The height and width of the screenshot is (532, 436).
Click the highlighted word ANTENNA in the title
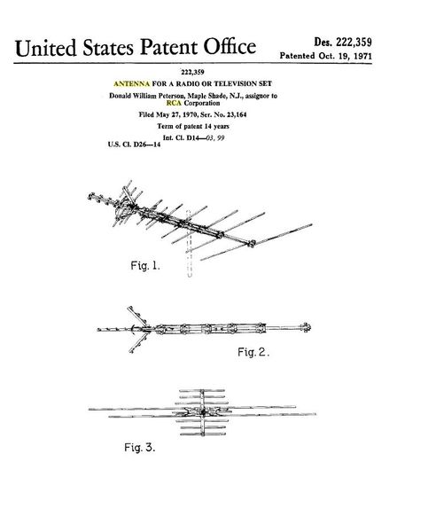[131, 83]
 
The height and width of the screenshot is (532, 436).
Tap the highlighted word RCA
[174, 103]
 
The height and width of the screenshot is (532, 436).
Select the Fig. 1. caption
[145, 265]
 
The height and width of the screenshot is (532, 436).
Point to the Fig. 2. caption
[253, 352]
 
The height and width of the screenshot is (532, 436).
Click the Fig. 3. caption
[140, 447]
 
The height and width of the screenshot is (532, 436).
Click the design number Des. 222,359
[343, 42]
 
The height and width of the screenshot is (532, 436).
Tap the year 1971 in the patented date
[362, 56]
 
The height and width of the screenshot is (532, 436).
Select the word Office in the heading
[230, 46]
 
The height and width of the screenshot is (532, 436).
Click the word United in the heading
[45, 48]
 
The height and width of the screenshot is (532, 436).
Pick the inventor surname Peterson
[172, 96]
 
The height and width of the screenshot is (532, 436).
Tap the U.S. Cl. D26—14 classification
[135, 145]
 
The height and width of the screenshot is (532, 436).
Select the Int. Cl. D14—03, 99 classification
[193, 137]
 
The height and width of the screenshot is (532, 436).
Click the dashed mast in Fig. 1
[189, 244]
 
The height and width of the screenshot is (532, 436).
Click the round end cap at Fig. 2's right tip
[306, 327]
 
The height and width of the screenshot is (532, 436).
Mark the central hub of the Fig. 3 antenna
[203, 412]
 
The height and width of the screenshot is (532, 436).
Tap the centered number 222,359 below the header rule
[192, 72]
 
